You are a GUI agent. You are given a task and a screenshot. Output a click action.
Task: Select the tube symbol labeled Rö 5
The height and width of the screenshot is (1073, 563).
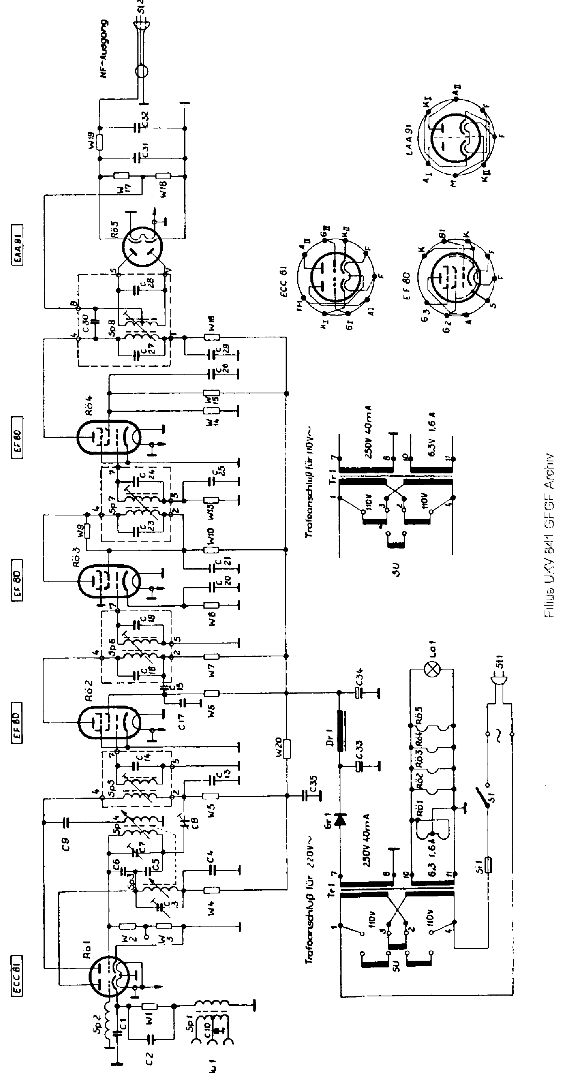point(142,246)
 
